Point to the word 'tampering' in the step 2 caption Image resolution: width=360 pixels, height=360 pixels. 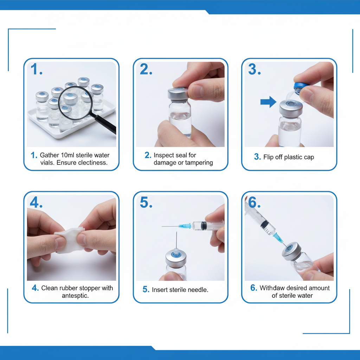tap(199, 163)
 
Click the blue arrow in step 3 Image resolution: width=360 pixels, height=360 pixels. tap(268, 102)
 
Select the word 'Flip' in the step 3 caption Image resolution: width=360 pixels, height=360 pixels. tap(269, 157)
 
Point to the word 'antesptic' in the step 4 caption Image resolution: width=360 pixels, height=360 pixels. tap(75, 296)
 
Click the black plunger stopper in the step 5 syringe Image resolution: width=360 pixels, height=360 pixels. tap(204, 225)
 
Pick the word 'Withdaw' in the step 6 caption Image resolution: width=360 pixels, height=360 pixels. tap(272, 288)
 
